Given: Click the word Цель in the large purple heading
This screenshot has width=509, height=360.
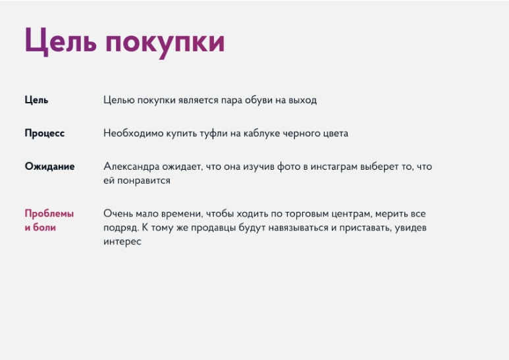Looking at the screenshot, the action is [61, 41].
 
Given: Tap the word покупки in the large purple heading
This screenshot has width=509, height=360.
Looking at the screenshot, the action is [165, 43].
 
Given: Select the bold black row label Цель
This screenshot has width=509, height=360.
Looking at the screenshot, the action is [36, 100].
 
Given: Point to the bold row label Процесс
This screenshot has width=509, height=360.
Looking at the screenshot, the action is [45, 134].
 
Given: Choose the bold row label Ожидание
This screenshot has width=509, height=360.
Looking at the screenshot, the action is [49, 167].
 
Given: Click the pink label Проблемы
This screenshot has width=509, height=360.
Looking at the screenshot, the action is [49, 213].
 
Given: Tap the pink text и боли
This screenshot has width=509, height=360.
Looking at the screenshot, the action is [40, 227].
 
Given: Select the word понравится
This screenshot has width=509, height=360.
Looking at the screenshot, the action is [144, 181].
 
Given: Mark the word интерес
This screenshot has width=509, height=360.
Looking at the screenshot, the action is [122, 242].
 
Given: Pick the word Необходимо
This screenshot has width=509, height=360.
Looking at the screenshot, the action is [134, 134].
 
